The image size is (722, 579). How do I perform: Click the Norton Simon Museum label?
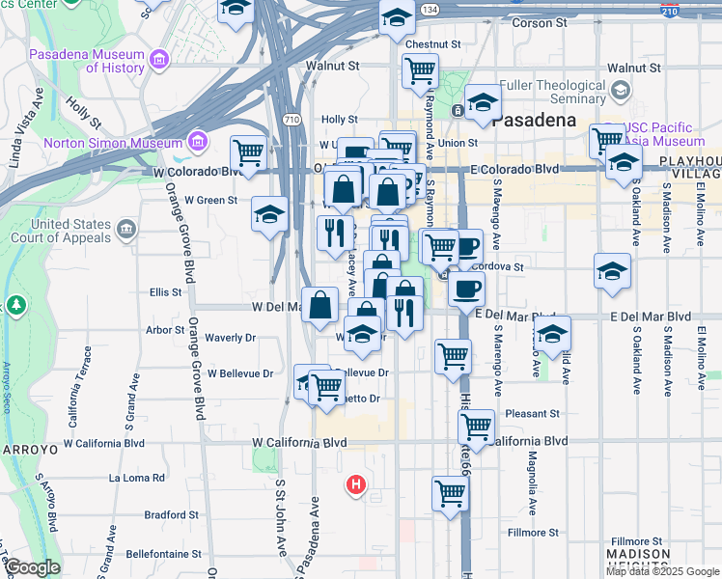tap(115, 143)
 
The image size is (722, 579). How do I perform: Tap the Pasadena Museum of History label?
tap(87, 61)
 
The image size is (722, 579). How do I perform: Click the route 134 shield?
tap(430, 9)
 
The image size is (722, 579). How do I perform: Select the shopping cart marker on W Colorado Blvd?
tap(248, 152)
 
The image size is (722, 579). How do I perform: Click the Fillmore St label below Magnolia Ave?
tap(533, 532)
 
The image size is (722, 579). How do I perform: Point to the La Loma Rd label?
tap(138, 477)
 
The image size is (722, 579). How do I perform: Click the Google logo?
tap(32, 568)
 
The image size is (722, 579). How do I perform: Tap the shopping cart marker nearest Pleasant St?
tap(476, 425)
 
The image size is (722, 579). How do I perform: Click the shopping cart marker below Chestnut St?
tap(420, 69)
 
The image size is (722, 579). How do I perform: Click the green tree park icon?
tap(15, 306)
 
